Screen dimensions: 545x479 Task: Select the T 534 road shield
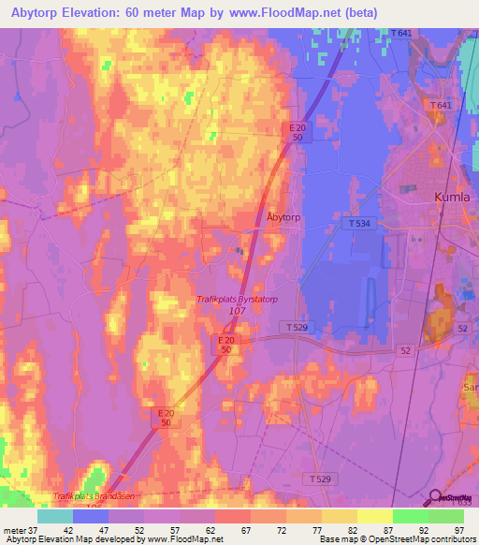point(355,224)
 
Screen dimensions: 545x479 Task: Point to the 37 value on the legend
point(30,529)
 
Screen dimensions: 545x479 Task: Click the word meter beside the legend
point(12,529)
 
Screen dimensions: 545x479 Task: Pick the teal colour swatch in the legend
point(55,516)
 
